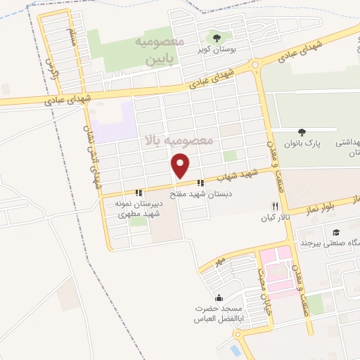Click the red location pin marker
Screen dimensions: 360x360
coord(181,167)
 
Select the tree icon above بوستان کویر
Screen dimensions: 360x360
coord(216,38)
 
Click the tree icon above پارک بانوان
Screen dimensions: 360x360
coord(302,131)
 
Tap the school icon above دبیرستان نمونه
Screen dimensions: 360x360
coord(139,192)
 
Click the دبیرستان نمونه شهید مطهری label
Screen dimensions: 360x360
coord(139,208)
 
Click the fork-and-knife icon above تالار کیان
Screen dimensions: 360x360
coord(275,207)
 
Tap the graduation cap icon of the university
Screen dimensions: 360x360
coord(337,232)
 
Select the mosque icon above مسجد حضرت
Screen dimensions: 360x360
coord(219,297)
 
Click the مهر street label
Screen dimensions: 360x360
coord(221,262)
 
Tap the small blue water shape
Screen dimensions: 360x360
coord(235,349)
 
